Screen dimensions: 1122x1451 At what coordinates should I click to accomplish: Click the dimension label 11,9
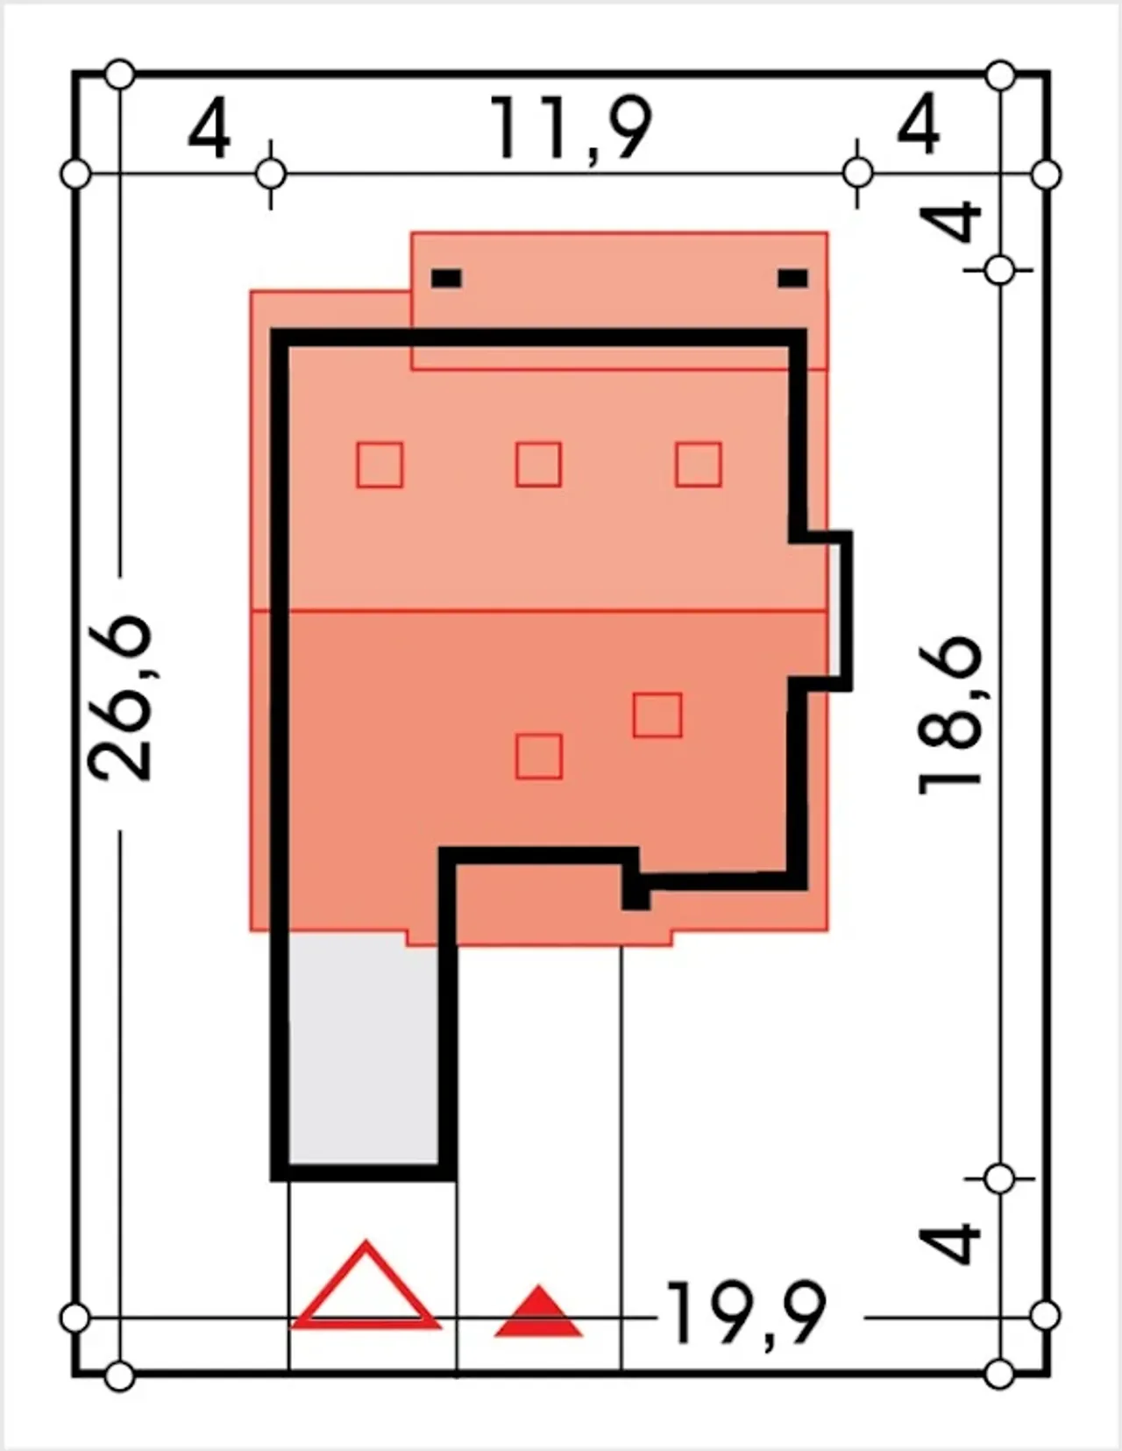[570, 128]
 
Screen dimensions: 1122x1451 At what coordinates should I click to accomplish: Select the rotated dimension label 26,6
[121, 698]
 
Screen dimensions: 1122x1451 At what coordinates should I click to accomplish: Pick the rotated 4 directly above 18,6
[950, 224]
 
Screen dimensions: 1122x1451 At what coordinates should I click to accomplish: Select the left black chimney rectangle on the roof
[446, 278]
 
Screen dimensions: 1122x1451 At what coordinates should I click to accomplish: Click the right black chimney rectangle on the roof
[793, 278]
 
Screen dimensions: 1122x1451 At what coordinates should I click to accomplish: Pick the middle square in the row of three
[538, 464]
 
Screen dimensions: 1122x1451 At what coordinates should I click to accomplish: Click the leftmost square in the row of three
[380, 465]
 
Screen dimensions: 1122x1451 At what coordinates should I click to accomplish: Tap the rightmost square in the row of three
[698, 464]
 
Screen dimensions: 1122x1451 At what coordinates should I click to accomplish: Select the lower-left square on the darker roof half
[538, 756]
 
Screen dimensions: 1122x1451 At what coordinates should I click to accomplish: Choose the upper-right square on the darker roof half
[657, 715]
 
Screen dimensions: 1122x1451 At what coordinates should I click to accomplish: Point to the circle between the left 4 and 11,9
[271, 175]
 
